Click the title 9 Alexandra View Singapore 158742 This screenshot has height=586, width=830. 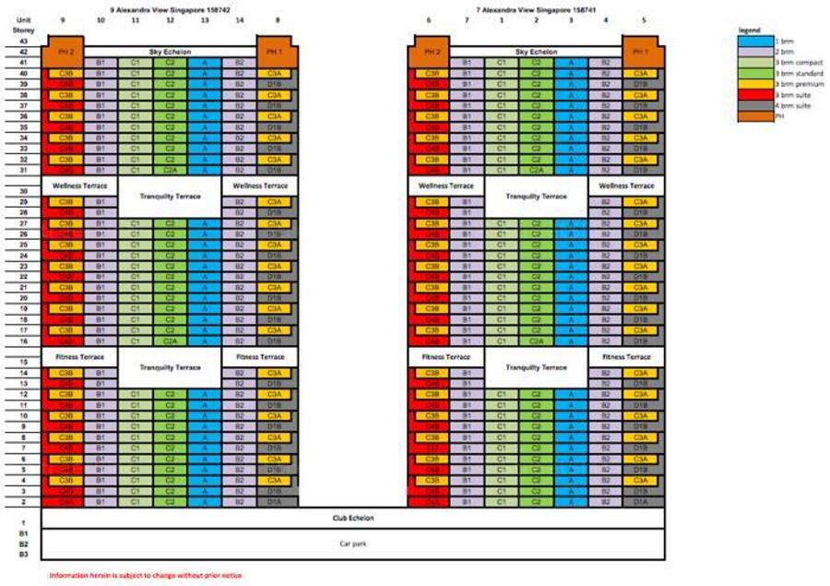tap(170, 9)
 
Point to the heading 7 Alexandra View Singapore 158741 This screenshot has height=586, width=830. tap(536, 9)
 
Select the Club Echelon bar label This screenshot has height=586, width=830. tap(353, 518)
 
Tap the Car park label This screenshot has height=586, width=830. tap(353, 544)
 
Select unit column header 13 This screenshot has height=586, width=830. tap(204, 19)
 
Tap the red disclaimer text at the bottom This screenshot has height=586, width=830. tap(146, 575)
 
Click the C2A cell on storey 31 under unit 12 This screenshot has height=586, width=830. tap(170, 170)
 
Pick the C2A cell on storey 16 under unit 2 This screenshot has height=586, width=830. tap(537, 341)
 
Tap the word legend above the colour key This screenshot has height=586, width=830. tap(750, 30)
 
